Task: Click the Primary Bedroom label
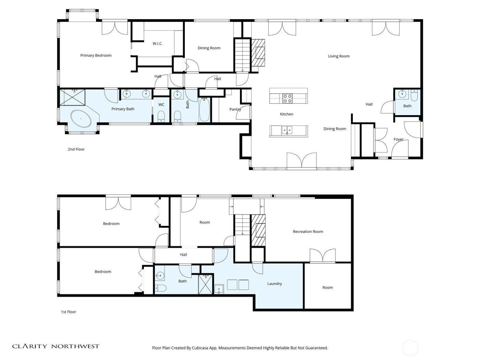point(96,55)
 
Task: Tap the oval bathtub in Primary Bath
point(81,119)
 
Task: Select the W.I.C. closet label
point(157,44)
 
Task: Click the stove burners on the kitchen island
point(287,98)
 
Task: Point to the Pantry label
point(235,109)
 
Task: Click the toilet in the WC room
point(161,116)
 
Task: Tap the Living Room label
point(338,56)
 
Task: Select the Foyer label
point(398,139)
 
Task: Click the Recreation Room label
point(308,232)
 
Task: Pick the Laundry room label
point(275,284)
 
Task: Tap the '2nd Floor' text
point(76,149)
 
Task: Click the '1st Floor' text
point(69,312)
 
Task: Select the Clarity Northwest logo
point(56,346)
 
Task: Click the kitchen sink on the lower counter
point(287,130)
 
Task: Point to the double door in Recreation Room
point(322,256)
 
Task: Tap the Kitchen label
point(286,114)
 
